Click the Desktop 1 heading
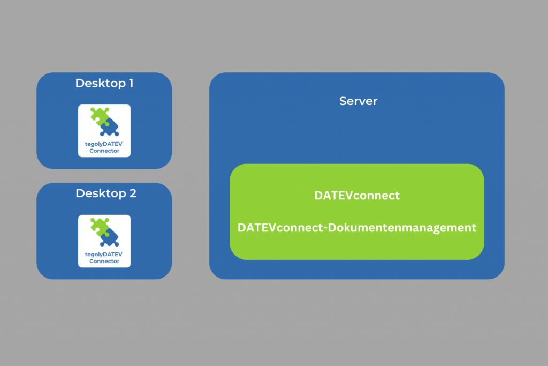tap(104, 84)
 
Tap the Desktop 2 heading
tap(106, 193)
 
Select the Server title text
tap(358, 101)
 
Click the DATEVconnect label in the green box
tap(357, 196)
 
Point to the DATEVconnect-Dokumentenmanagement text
tap(357, 228)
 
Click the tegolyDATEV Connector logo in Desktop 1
tap(104, 131)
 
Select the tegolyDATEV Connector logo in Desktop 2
tap(104, 241)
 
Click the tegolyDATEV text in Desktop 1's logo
tap(104, 145)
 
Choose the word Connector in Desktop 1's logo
tap(104, 152)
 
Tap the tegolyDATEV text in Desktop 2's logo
tap(104, 255)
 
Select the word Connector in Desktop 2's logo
tap(104, 262)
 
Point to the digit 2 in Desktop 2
tap(132, 193)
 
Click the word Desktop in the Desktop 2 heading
tap(99, 193)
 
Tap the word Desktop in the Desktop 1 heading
tap(99, 84)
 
